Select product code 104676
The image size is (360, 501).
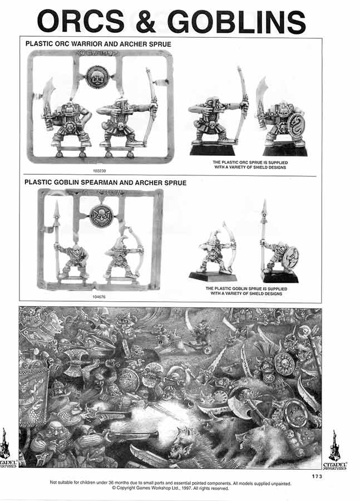click(x=98, y=297)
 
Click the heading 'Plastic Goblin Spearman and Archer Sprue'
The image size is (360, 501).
click(x=105, y=182)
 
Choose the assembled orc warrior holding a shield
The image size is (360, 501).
click(x=284, y=120)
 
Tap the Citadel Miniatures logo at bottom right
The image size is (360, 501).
click(x=335, y=450)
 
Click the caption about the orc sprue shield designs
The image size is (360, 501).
click(x=245, y=165)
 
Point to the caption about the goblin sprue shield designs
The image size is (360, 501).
click(x=245, y=291)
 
